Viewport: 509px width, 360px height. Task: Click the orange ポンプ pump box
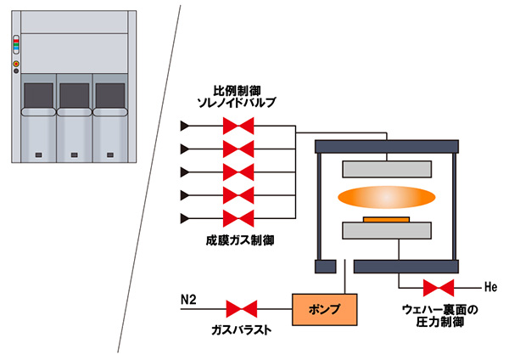(x=324, y=310)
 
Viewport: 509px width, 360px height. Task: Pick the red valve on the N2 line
(x=243, y=307)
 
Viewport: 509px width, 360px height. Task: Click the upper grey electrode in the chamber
(x=385, y=168)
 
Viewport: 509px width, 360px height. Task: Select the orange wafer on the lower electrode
(x=387, y=219)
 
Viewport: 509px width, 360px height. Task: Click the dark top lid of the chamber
(x=387, y=146)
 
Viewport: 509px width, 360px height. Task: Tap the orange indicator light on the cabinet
(x=15, y=64)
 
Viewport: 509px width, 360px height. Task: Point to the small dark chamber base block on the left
(x=322, y=267)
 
